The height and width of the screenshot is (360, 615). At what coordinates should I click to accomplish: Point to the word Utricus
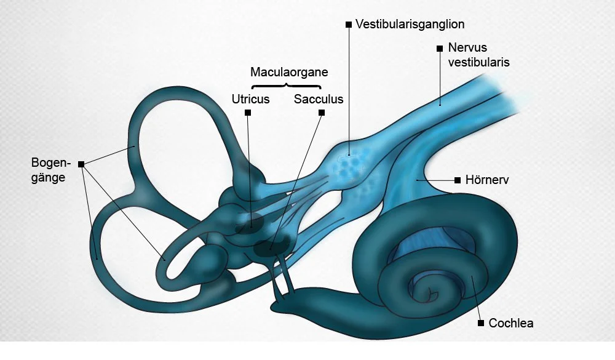tap(251, 99)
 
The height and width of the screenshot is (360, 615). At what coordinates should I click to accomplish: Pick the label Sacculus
tap(319, 99)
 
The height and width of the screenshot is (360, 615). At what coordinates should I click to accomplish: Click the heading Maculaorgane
tap(289, 72)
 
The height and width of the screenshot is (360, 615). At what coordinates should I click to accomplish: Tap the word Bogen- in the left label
tap(51, 163)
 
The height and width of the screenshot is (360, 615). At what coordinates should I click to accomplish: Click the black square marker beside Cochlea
tap(481, 322)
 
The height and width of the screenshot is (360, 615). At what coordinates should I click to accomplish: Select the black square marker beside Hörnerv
tap(457, 180)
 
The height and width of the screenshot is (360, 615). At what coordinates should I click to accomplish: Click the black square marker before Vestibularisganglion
tap(349, 25)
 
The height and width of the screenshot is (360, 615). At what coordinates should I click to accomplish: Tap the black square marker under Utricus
tap(248, 113)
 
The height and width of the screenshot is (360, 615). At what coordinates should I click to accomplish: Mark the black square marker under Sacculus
tap(321, 113)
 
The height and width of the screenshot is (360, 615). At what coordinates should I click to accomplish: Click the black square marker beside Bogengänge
tap(81, 165)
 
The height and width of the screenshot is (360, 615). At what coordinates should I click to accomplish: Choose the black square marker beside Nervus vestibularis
tap(439, 48)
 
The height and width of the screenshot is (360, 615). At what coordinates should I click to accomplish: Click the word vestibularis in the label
tap(478, 62)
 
